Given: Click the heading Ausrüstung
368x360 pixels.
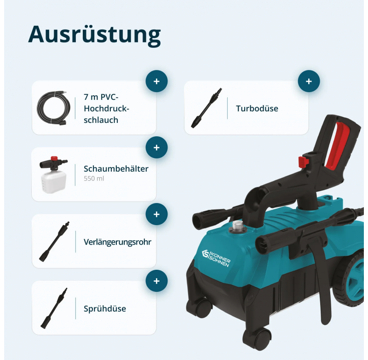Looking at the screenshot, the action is click(94, 35).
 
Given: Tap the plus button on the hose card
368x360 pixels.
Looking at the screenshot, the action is click(156, 81).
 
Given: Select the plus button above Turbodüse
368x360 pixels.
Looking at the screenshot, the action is click(309, 81).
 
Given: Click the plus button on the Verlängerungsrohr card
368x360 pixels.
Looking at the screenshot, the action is click(156, 214).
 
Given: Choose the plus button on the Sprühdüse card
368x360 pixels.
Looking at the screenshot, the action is click(156, 281).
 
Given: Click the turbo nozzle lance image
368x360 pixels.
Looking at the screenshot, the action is click(206, 108).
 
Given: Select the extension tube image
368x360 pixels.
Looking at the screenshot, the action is click(54, 242).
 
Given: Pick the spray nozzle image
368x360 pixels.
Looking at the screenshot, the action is click(54, 308).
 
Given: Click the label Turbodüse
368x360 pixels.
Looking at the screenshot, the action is click(257, 109).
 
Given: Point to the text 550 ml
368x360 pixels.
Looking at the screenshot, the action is click(94, 179).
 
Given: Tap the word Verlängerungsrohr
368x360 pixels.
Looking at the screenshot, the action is click(117, 242).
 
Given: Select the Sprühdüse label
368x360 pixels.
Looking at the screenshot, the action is click(105, 308).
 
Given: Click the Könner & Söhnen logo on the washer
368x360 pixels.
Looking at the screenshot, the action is click(216, 258).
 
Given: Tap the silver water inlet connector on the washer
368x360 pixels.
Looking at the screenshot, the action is click(238, 226).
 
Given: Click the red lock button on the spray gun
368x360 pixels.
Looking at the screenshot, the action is click(303, 162).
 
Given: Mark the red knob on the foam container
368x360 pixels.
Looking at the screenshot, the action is click(54, 158).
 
